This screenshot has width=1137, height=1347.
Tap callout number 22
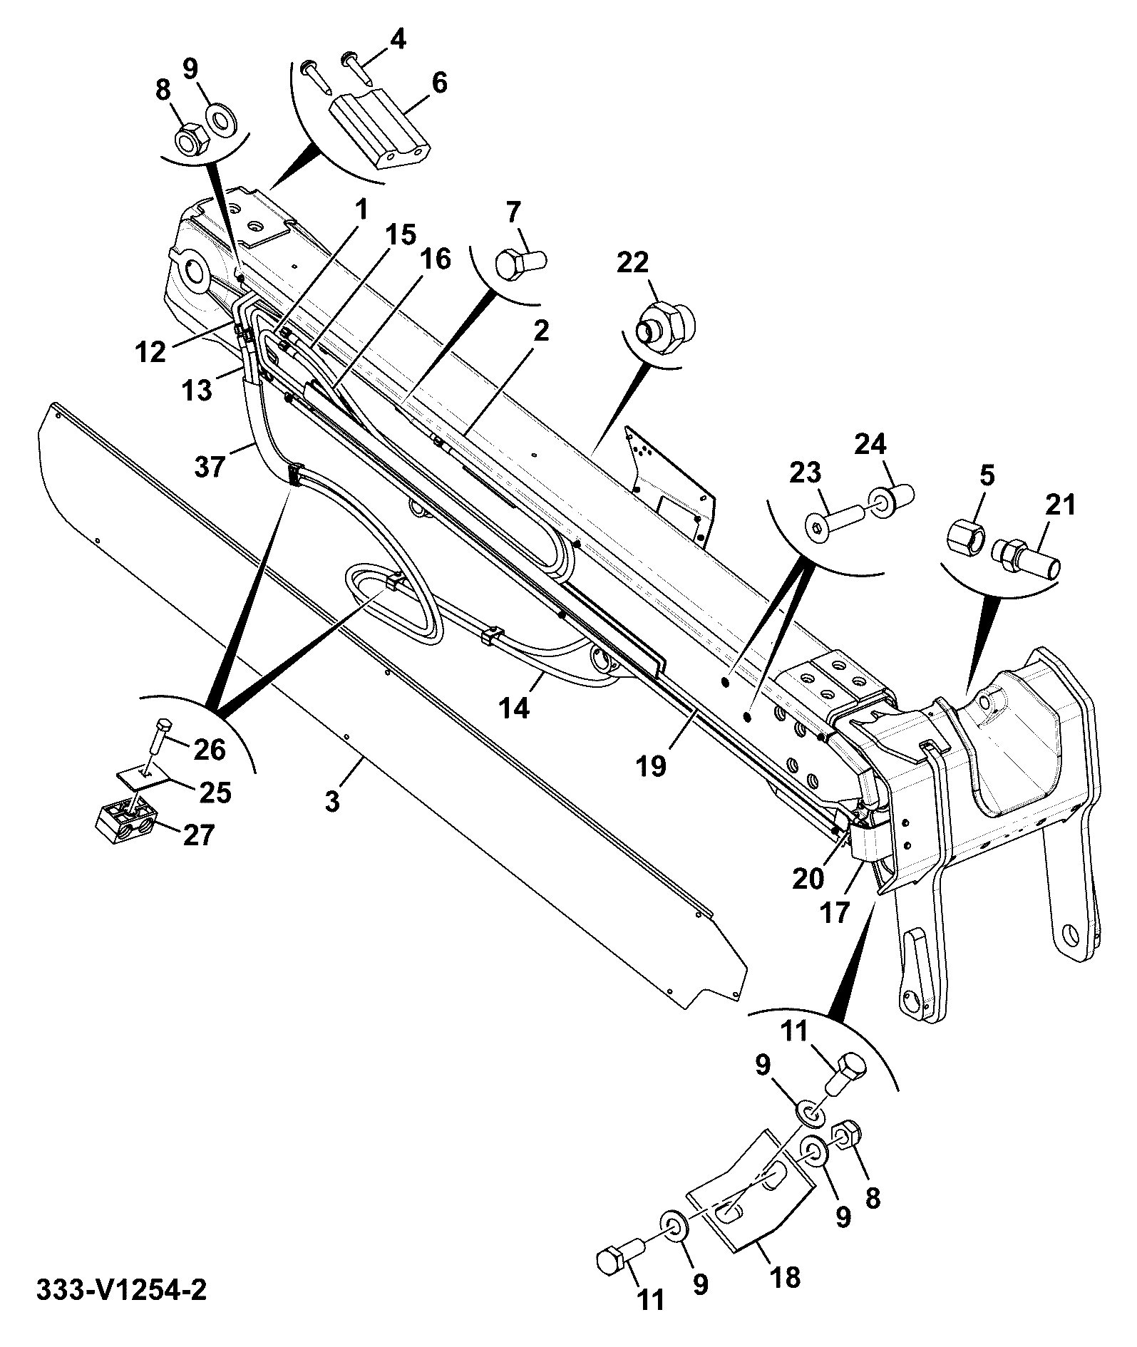click(x=632, y=262)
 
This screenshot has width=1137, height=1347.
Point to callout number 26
click(x=210, y=749)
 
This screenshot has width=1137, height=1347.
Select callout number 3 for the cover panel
click(x=332, y=800)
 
